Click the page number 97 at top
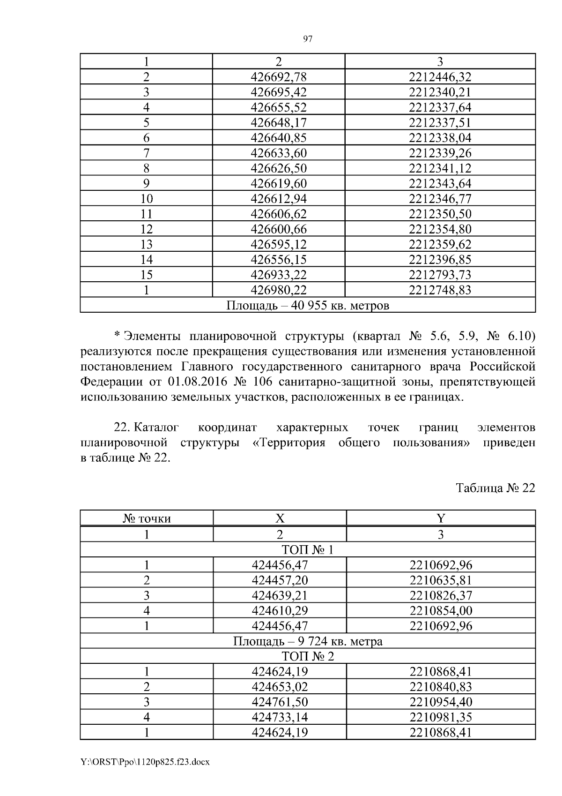[x=308, y=39]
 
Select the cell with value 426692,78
[x=279, y=77]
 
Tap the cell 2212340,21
[x=440, y=92]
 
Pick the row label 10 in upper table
[x=147, y=199]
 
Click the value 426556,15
[x=279, y=260]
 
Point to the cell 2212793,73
[x=440, y=275]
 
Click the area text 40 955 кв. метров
[x=308, y=306]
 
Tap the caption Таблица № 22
[x=495, y=488]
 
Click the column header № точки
[x=147, y=518]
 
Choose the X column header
[x=280, y=518]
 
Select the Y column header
[x=440, y=518]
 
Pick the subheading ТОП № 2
[x=308, y=656]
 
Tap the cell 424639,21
[x=280, y=595]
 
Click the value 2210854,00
[x=441, y=610]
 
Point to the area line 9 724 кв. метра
[x=308, y=641]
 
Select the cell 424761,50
[x=280, y=702]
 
